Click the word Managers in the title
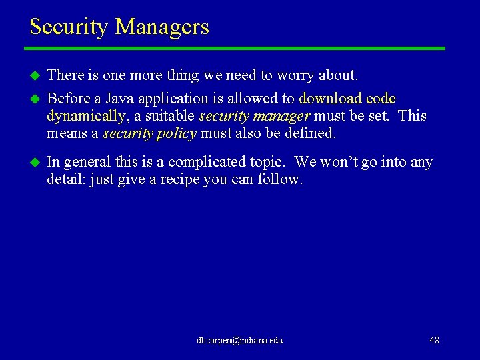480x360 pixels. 162,27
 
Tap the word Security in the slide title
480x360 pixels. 69,27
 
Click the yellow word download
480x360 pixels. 330,99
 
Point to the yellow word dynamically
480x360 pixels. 85,116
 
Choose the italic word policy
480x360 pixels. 175,133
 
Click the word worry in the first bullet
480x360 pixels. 299,75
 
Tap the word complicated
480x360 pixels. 209,162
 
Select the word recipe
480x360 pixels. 182,179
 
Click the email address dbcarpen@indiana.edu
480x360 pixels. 240,340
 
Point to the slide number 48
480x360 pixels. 434,340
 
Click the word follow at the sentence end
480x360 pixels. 284,179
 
